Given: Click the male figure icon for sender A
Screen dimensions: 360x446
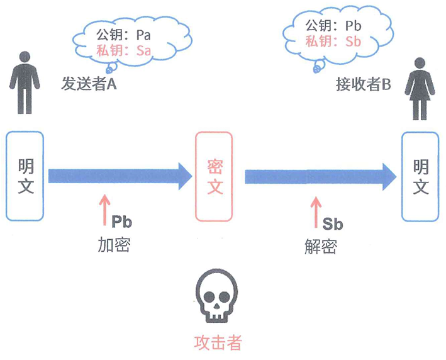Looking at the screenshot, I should point(25,82).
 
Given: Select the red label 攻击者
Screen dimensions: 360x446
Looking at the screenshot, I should point(217,342).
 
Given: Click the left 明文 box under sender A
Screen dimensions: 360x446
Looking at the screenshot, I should point(25,176).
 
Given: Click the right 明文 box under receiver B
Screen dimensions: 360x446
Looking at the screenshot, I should point(420,176).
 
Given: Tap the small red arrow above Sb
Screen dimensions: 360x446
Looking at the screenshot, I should point(315,211).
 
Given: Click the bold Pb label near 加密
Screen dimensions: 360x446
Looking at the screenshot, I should point(121,222).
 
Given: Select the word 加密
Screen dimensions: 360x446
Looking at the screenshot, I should point(114,244).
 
